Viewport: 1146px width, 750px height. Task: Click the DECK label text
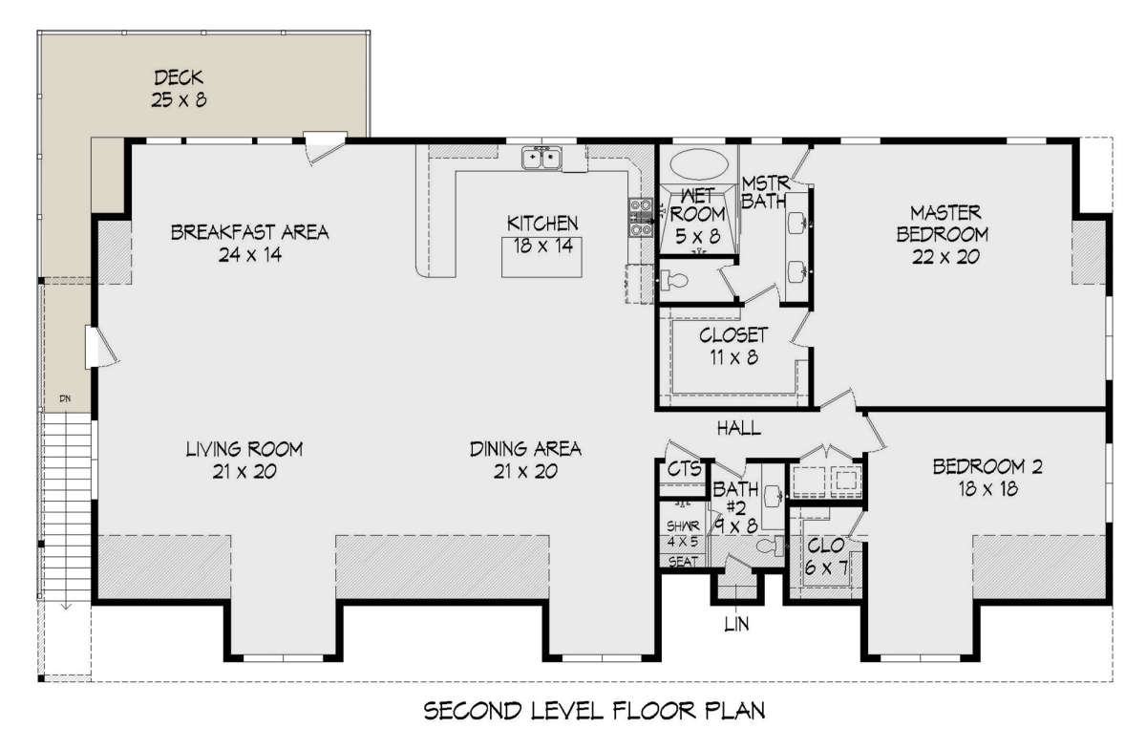(x=179, y=77)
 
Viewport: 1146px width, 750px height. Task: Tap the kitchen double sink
(x=541, y=158)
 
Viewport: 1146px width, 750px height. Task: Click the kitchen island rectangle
(x=541, y=257)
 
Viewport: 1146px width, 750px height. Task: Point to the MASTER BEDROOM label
(x=943, y=224)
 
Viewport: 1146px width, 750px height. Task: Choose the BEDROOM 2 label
(x=987, y=466)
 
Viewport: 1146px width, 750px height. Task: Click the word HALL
(x=739, y=428)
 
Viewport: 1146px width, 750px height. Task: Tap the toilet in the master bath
(x=674, y=280)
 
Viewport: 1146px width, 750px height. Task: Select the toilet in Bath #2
(x=770, y=546)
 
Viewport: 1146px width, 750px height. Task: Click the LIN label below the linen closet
(x=736, y=623)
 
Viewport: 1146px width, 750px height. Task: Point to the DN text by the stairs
(x=65, y=398)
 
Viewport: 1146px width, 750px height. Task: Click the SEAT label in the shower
(x=683, y=562)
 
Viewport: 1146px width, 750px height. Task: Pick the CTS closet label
(x=685, y=469)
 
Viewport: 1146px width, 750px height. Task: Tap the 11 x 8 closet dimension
(x=733, y=357)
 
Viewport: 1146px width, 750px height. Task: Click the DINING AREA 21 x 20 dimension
(x=525, y=472)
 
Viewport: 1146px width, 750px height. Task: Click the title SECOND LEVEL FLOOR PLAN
(x=594, y=711)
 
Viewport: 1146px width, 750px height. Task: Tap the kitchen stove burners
(x=641, y=218)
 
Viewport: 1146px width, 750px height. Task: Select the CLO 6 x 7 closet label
(x=826, y=556)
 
